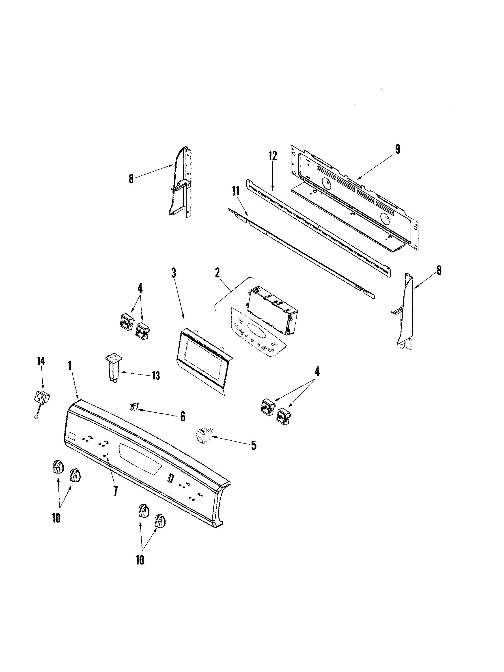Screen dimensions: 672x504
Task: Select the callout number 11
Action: coord(235,192)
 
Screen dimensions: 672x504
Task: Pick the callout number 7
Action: coord(115,491)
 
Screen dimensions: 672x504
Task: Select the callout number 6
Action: coord(183,416)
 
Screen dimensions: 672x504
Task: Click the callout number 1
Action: coord(70,366)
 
